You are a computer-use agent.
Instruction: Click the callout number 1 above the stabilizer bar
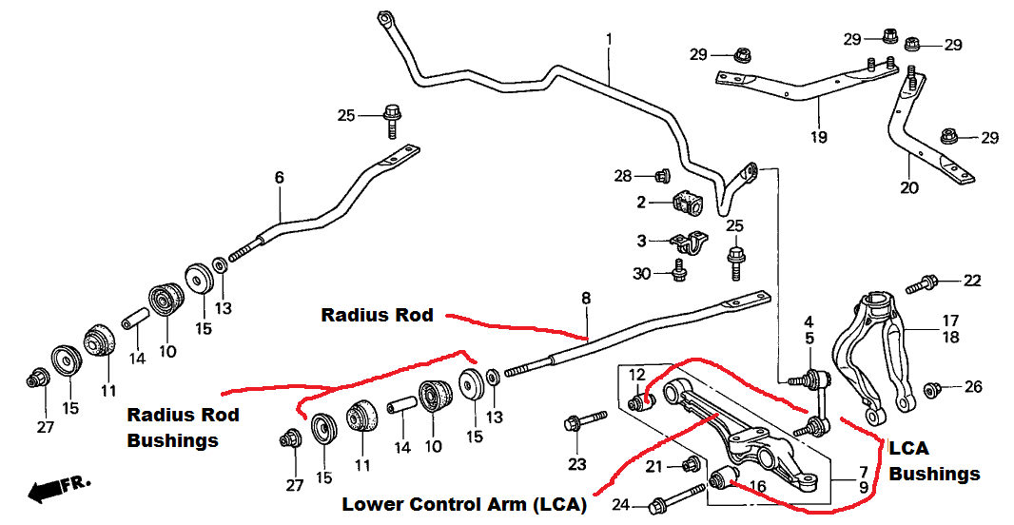[609, 40]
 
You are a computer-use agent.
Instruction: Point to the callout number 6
[280, 178]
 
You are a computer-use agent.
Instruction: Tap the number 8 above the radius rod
[586, 299]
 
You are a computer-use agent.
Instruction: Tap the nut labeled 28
[663, 175]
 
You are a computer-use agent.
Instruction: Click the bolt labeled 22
[922, 283]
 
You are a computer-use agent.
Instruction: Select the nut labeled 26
[932, 390]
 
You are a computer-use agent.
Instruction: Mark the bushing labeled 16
[724, 478]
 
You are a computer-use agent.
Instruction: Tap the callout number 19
[819, 137]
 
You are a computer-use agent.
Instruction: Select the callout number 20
[908, 188]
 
